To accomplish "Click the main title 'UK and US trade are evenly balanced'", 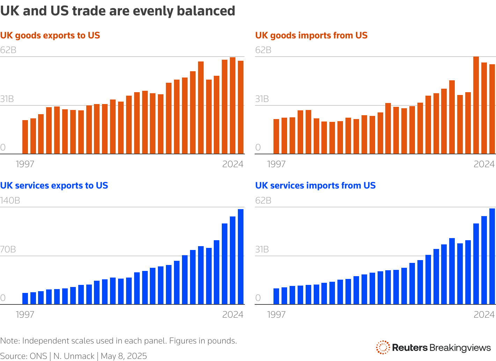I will pyautogui.click(x=118, y=11).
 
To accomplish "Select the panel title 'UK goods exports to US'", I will pyautogui.click(x=50, y=35).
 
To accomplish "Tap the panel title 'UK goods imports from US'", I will pyautogui.click(x=311, y=35).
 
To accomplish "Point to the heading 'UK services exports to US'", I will pyautogui.click(x=54, y=185).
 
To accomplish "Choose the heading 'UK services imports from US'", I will pyautogui.click(x=315, y=185).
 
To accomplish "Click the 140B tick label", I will pyautogui.click(x=10, y=200).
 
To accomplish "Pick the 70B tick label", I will pyautogui.click(x=8, y=249).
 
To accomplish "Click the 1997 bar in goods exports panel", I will pyautogui.click(x=25, y=137).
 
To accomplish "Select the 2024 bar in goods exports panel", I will pyautogui.click(x=241, y=107).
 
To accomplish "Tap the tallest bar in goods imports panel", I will pyautogui.click(x=476, y=105).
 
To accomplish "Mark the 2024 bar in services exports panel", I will pyautogui.click(x=241, y=257).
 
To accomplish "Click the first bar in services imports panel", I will pyautogui.click(x=276, y=296).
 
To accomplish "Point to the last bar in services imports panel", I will pyautogui.click(x=492, y=256).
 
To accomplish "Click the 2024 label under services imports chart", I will pyautogui.click(x=484, y=315).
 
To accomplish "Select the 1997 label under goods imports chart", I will pyautogui.click(x=276, y=164).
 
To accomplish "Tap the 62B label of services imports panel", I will pyautogui.click(x=263, y=200).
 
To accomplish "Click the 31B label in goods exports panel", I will pyautogui.click(x=7, y=99).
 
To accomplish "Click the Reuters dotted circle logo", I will pyautogui.click(x=383, y=347).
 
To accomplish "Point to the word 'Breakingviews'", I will pyautogui.click(x=460, y=348).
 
